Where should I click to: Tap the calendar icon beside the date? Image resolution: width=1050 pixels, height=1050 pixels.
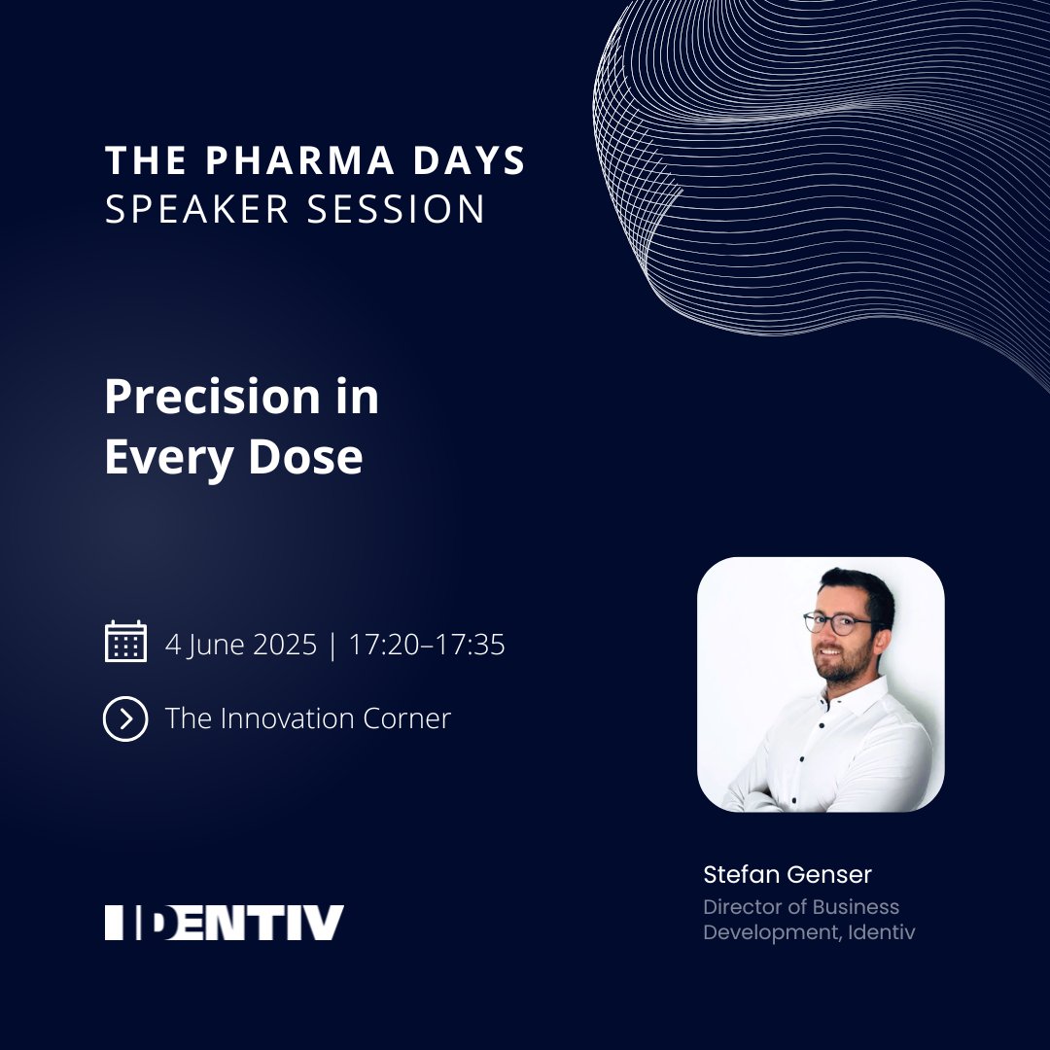click(x=125, y=643)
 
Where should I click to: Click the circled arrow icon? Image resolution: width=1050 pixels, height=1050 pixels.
click(x=125, y=718)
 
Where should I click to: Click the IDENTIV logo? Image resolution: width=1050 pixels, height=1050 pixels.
click(x=225, y=923)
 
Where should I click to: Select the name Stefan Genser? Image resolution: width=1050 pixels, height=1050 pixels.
click(x=787, y=874)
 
